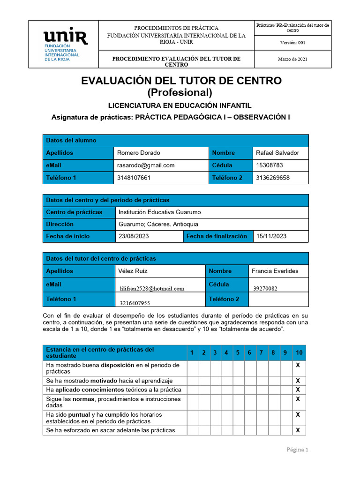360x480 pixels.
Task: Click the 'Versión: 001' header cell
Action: [292, 43]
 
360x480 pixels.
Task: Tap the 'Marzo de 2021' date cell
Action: [292, 59]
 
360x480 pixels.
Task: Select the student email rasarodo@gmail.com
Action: [146, 165]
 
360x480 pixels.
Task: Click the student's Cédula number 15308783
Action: [270, 165]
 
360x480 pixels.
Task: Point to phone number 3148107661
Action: [135, 178]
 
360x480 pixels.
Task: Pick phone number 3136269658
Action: [273, 178]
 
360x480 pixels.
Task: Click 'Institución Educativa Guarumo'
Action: [160, 212]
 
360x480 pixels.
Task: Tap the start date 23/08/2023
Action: [134, 236]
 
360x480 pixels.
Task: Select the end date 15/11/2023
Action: [271, 236]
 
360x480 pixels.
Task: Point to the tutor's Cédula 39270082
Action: [265, 289]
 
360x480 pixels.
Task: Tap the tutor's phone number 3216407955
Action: [135, 303]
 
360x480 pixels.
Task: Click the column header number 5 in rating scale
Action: [238, 352]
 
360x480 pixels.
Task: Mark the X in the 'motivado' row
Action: [298, 381]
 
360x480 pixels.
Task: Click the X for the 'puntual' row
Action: [298, 415]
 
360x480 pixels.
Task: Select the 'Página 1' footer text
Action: [297, 450]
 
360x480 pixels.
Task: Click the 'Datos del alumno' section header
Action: [71, 140]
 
